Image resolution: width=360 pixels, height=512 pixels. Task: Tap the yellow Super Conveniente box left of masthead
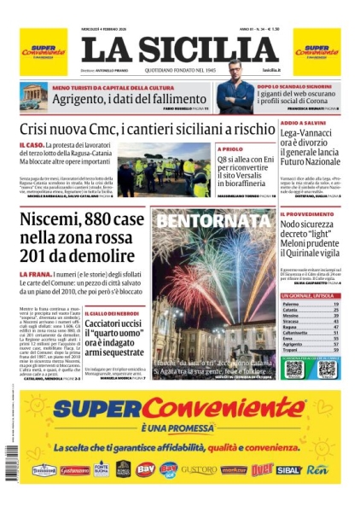tap(43, 51)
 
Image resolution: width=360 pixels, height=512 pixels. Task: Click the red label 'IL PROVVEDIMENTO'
tap(307, 212)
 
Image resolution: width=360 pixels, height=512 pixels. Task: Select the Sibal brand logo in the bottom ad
tap(289, 469)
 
